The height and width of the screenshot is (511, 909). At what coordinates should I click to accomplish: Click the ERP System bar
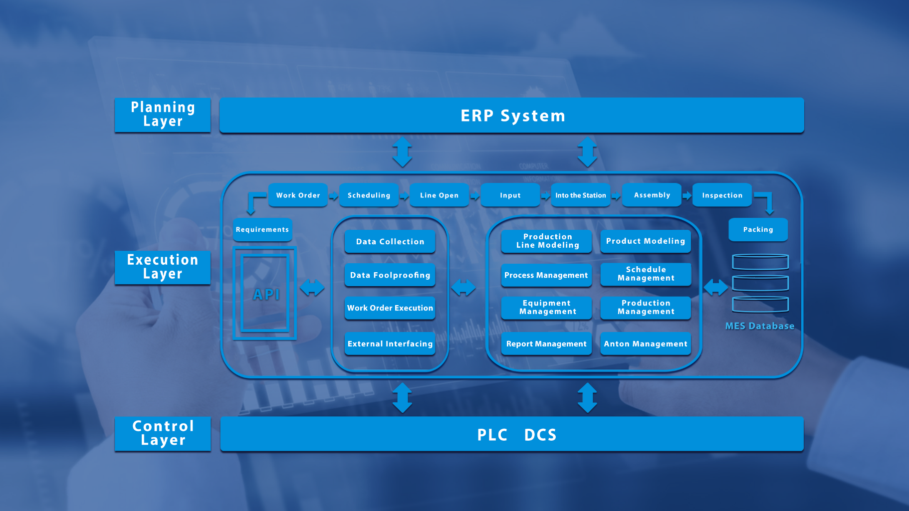(x=511, y=116)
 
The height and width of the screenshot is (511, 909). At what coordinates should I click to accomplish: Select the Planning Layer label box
(x=163, y=115)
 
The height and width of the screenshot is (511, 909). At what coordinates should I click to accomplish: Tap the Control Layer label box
(x=163, y=434)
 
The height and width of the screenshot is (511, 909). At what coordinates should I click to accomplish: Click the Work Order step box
(x=298, y=195)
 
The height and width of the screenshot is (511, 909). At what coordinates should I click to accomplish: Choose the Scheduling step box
(x=369, y=195)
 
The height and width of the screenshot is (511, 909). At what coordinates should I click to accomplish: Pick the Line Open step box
(x=439, y=195)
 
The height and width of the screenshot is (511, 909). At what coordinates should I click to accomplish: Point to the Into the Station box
(x=580, y=195)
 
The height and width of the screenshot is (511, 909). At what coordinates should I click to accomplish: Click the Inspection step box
(x=722, y=195)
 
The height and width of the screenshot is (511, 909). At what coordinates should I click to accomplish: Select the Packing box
(x=758, y=229)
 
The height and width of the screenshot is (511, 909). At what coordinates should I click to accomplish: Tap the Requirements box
(x=262, y=229)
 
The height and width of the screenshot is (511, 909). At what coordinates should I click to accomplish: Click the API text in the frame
(x=266, y=295)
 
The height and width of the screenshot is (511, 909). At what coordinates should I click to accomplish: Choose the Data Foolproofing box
(x=390, y=275)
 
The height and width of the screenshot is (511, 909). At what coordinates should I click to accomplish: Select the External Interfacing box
(x=390, y=343)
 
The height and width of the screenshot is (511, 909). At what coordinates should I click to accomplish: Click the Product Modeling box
(x=646, y=241)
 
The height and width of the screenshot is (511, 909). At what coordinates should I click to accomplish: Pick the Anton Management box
(x=646, y=343)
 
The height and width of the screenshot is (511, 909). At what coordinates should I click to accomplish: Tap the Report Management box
(x=546, y=343)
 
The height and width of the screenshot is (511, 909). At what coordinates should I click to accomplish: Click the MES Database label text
(x=759, y=326)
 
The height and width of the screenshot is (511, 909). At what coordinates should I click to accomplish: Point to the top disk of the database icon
(x=760, y=262)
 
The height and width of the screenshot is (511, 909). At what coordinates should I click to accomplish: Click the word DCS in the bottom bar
(x=540, y=435)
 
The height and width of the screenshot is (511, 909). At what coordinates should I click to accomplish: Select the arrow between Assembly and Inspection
(x=687, y=195)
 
